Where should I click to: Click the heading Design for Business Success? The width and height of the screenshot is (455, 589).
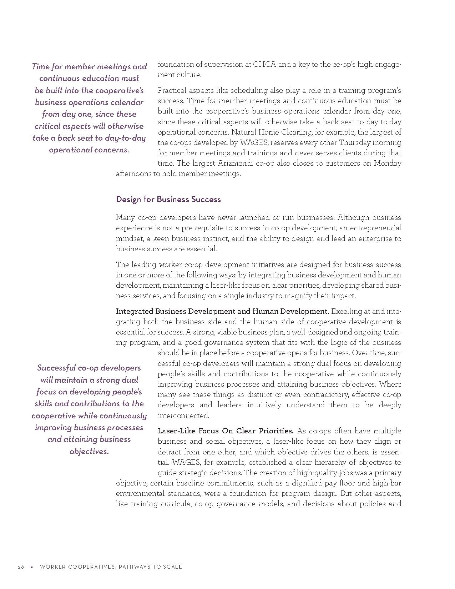[168, 199]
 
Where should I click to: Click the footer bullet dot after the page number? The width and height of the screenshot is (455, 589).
[32, 567]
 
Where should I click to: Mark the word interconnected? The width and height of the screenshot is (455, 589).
[183, 416]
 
